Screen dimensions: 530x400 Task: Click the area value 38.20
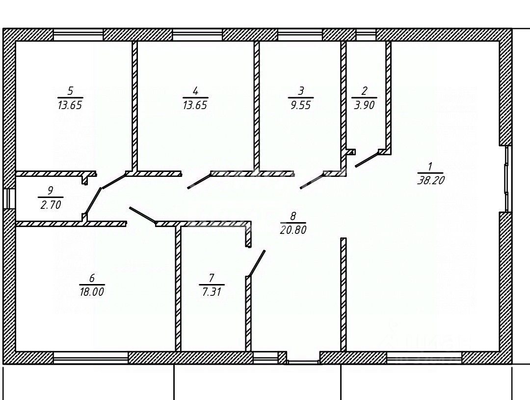pos(430,180)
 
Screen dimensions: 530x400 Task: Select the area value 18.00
pos(92,291)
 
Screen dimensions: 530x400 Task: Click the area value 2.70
pos(50,204)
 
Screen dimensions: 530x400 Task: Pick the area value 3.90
pos(364,105)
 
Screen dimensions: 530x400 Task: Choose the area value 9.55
pos(300,105)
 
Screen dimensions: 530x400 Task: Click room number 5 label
pos(70,91)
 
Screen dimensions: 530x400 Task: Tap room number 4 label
pos(195,91)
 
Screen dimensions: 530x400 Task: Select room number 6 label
pos(92,278)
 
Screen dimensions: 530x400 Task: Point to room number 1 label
pos(430,166)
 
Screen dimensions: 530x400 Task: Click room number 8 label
pos(293,216)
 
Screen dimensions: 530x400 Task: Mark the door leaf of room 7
pos(257,263)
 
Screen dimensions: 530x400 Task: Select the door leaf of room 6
pos(142,215)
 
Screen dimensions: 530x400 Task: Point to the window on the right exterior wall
pos(508,179)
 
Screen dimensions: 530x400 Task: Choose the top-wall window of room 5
pos(78,34)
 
